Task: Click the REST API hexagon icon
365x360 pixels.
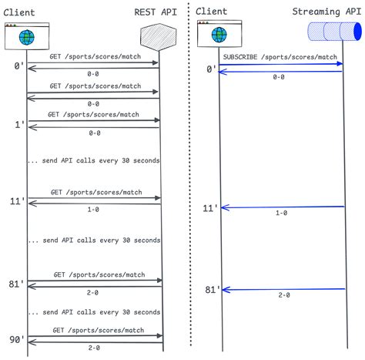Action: tap(159, 37)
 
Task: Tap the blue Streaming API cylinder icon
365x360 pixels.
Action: tap(334, 32)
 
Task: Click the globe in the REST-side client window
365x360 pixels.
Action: tap(27, 37)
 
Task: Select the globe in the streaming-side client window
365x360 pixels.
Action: tap(219, 35)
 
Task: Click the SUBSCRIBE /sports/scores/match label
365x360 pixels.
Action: tap(280, 57)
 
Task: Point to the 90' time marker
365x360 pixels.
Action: tap(17, 340)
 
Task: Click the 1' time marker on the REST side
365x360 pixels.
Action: tap(20, 125)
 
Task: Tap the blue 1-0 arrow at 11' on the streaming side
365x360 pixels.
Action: tap(283, 207)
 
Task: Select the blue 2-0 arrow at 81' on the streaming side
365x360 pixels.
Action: tap(283, 290)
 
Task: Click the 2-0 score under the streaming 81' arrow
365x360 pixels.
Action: tap(284, 295)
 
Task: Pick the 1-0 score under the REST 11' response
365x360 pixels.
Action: tap(93, 210)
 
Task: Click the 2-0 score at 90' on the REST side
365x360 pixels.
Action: tap(94, 348)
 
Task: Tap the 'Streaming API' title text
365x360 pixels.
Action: tap(326, 12)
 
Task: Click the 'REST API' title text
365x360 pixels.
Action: tap(156, 12)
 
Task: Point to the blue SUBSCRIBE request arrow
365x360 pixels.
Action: tap(280, 64)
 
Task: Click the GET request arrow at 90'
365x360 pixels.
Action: tap(95, 336)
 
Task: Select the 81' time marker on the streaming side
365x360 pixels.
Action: tap(213, 290)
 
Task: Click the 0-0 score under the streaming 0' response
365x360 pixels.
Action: tap(279, 77)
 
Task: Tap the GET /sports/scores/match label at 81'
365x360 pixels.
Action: tap(99, 274)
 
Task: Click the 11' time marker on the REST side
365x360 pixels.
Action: tap(18, 200)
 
